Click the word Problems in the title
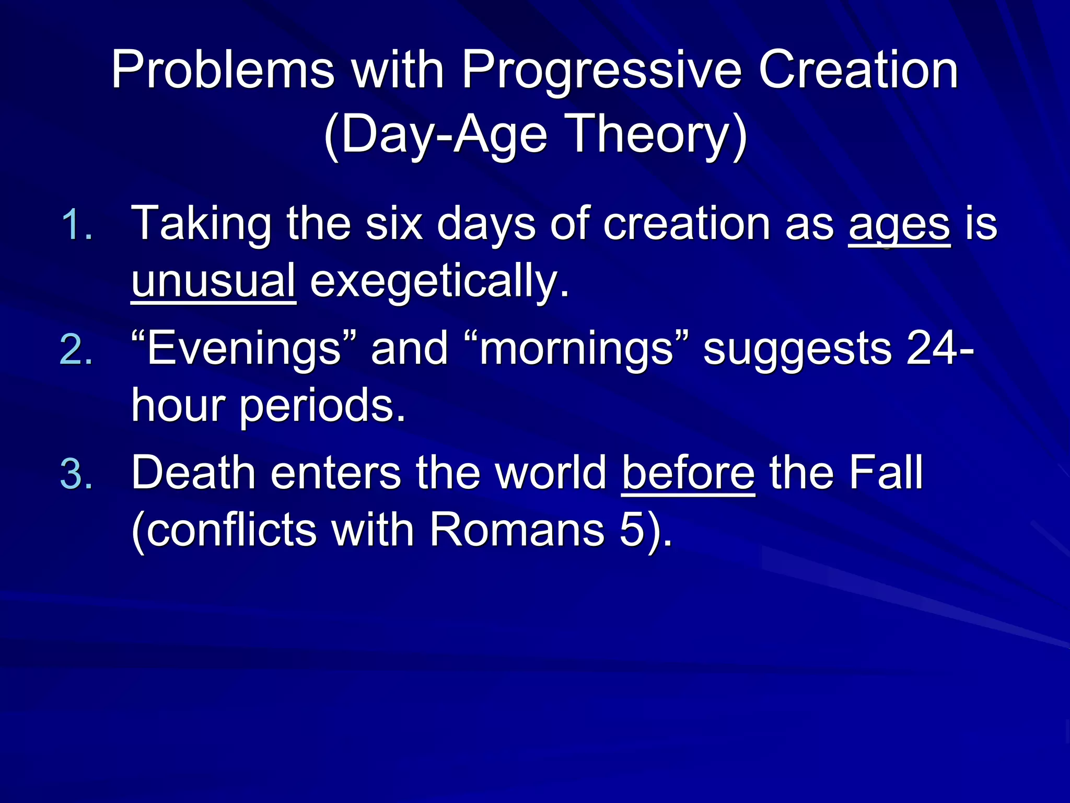pyautogui.click(x=223, y=71)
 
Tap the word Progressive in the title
pyautogui.click(x=601, y=71)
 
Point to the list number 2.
pyautogui.click(x=76, y=350)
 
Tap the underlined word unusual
pyautogui.click(x=213, y=281)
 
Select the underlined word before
pyautogui.click(x=688, y=474)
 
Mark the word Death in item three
pyautogui.click(x=193, y=474)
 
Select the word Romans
pyautogui.click(x=517, y=530)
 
